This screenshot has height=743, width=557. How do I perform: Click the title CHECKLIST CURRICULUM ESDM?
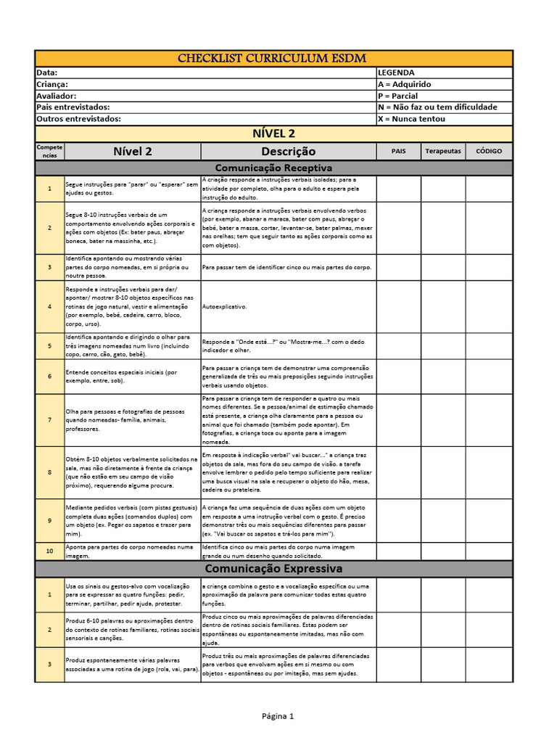pos(273,58)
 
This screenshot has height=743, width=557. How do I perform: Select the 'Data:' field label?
pos(46,73)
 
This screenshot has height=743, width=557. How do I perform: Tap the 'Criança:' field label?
pos(51,84)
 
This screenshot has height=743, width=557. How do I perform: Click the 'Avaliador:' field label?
pos(56,96)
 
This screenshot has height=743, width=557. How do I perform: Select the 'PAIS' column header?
pos(398,152)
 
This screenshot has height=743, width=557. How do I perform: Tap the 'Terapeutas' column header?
pos(442,152)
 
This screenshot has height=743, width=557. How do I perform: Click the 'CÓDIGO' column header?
pos(489,152)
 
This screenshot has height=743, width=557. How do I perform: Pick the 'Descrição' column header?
pos(288,152)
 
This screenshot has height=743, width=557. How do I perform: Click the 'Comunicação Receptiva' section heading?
pos(273,168)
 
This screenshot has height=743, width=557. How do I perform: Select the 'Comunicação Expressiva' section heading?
pos(273,568)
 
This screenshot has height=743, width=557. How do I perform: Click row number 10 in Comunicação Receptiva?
pos(49,551)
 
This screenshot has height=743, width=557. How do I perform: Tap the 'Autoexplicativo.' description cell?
pos(225,306)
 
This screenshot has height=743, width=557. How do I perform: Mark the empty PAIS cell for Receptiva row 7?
pos(398,420)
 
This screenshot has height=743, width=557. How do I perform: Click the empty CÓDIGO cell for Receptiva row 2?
pos(489,228)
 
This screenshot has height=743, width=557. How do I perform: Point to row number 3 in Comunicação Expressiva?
pos(49,665)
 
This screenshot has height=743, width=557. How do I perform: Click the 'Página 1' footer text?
pos(278,716)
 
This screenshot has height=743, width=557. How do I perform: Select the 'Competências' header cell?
pos(49,152)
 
